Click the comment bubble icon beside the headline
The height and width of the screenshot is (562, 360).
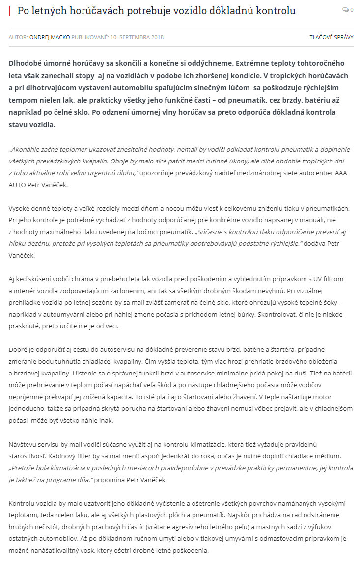point(345,10)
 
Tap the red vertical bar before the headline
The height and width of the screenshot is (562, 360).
point(9,10)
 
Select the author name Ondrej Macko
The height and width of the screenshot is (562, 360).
point(50,37)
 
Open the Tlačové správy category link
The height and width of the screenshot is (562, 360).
point(331,37)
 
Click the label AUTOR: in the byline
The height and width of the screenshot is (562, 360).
point(18,37)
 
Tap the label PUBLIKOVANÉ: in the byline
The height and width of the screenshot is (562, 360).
point(89,37)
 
